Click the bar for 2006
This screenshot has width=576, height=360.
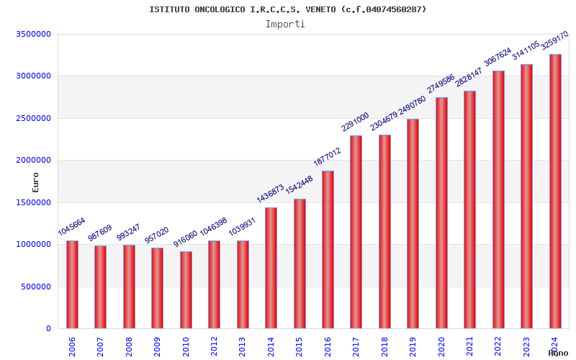tap(72, 284)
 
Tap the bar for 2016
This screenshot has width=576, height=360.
tap(328, 249)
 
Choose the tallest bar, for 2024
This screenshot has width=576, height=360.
tap(555, 191)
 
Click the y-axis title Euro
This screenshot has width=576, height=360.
tap(35, 181)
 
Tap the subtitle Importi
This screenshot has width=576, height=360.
tap(285, 24)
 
